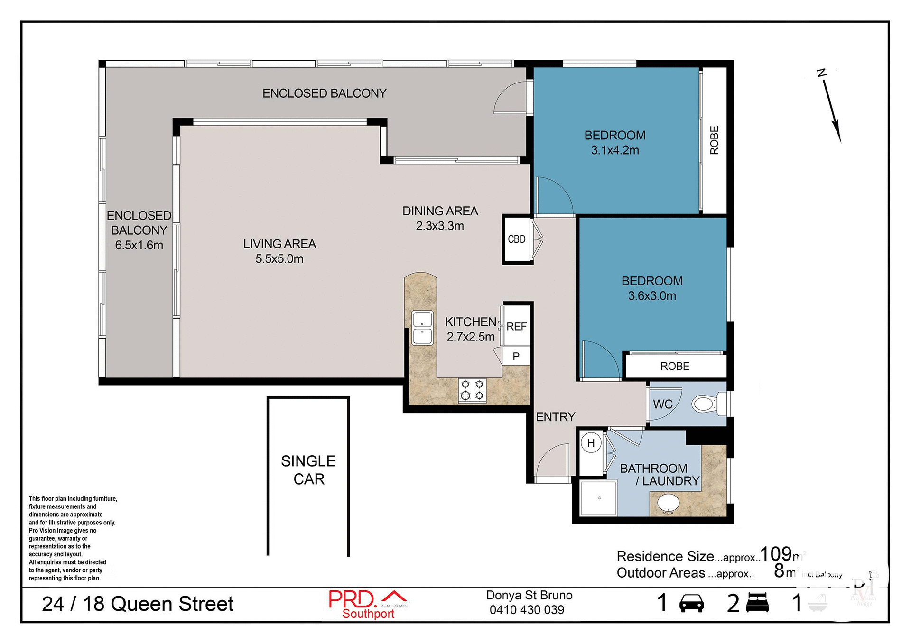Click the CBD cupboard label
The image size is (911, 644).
516,239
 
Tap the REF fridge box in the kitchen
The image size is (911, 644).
516,326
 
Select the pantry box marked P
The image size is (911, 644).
516,356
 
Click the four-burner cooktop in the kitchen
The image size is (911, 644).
472,390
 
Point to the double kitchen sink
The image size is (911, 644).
422,328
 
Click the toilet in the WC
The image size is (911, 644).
705,404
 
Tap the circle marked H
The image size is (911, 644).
591,443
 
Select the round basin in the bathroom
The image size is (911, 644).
668,503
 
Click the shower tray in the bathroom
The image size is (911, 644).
598,498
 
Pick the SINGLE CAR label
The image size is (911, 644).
308,470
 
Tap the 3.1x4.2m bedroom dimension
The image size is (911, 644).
615,150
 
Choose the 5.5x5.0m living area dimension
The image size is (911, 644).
279,259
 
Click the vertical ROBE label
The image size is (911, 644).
714,140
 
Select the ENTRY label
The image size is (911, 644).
555,417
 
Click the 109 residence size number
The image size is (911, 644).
776,554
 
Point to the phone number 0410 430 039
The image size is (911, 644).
527,610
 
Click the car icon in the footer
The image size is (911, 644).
691,603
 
